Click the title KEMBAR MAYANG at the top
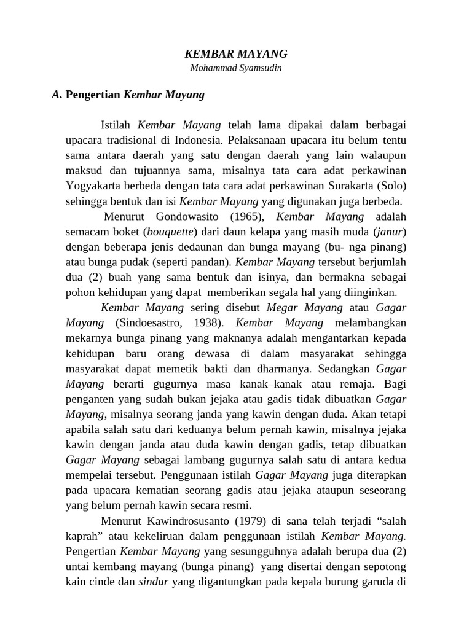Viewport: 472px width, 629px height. [236, 54]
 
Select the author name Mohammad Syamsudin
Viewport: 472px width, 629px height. [236, 68]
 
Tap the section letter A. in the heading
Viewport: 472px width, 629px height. [57, 95]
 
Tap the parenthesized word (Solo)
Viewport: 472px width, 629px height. [391, 186]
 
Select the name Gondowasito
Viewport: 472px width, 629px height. [189, 217]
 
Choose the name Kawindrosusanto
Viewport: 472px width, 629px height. [181, 521]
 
